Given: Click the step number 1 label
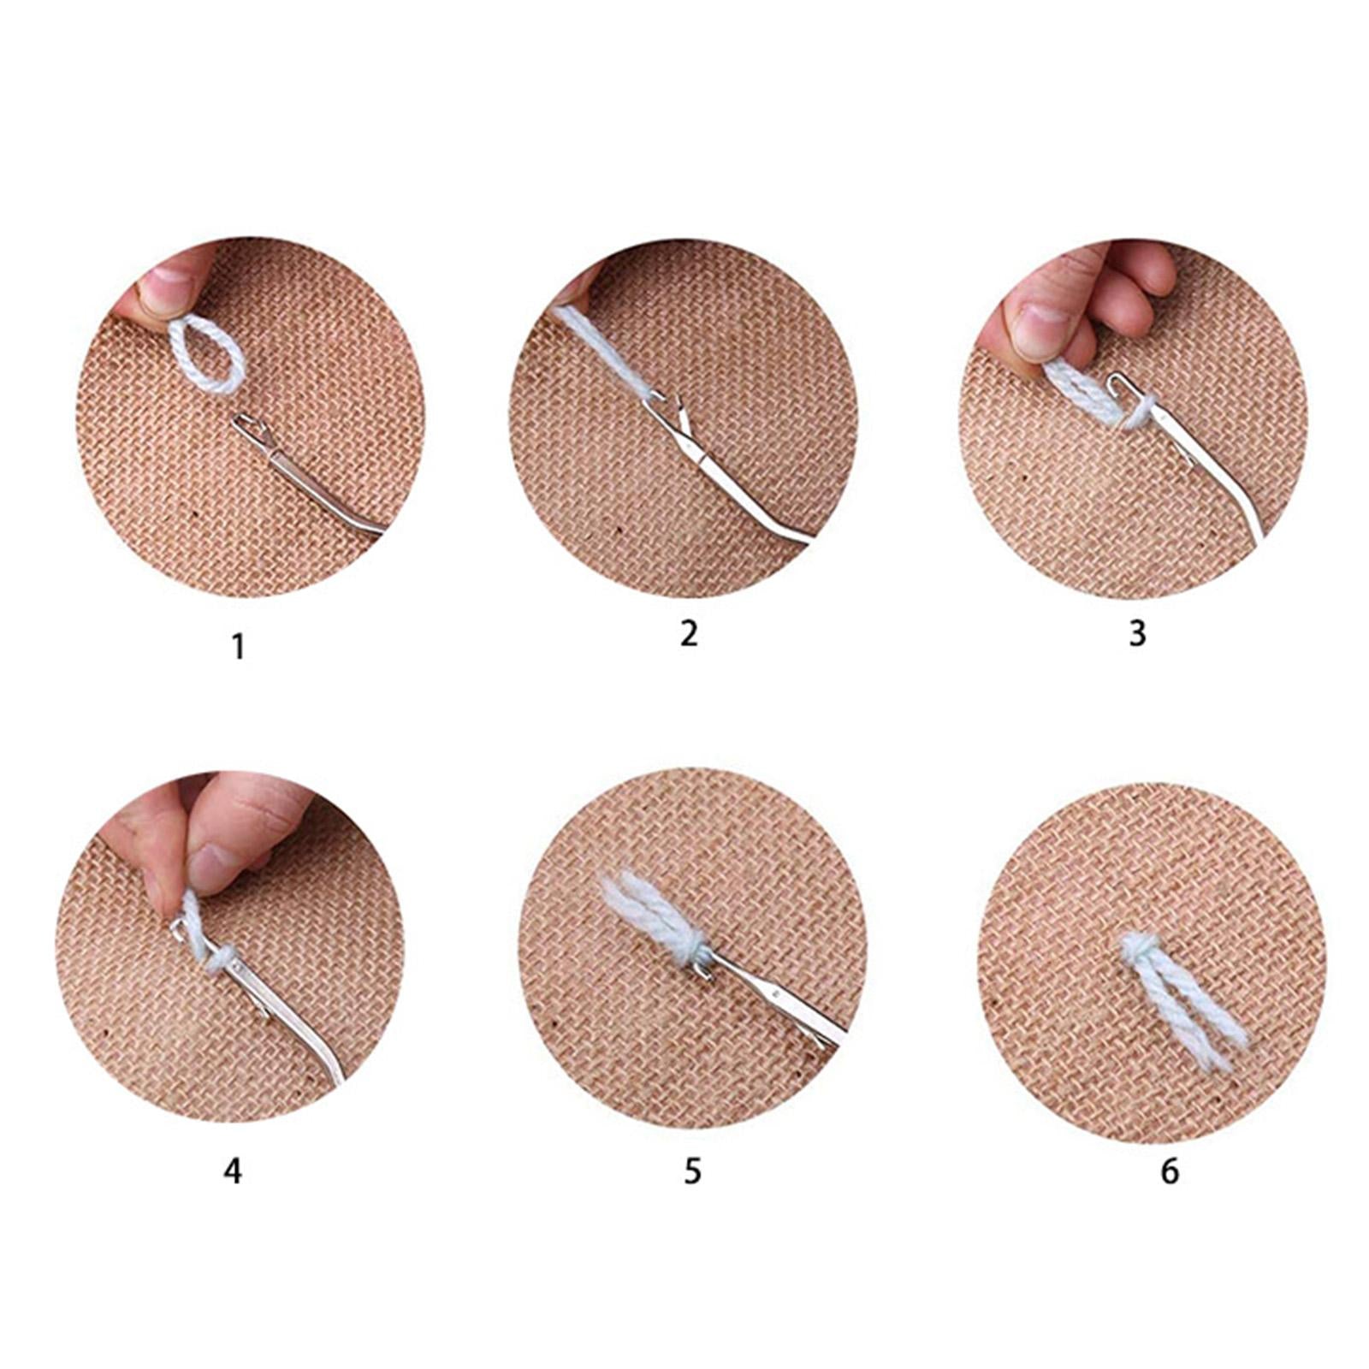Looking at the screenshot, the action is click(x=239, y=647).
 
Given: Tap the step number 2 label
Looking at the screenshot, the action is click(x=690, y=633).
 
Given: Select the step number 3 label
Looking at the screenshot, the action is click(x=1136, y=634).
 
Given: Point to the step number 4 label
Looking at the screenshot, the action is click(x=233, y=1170).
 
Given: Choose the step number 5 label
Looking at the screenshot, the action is click(x=692, y=1170).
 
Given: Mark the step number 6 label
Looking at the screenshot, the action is click(x=1170, y=1170).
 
